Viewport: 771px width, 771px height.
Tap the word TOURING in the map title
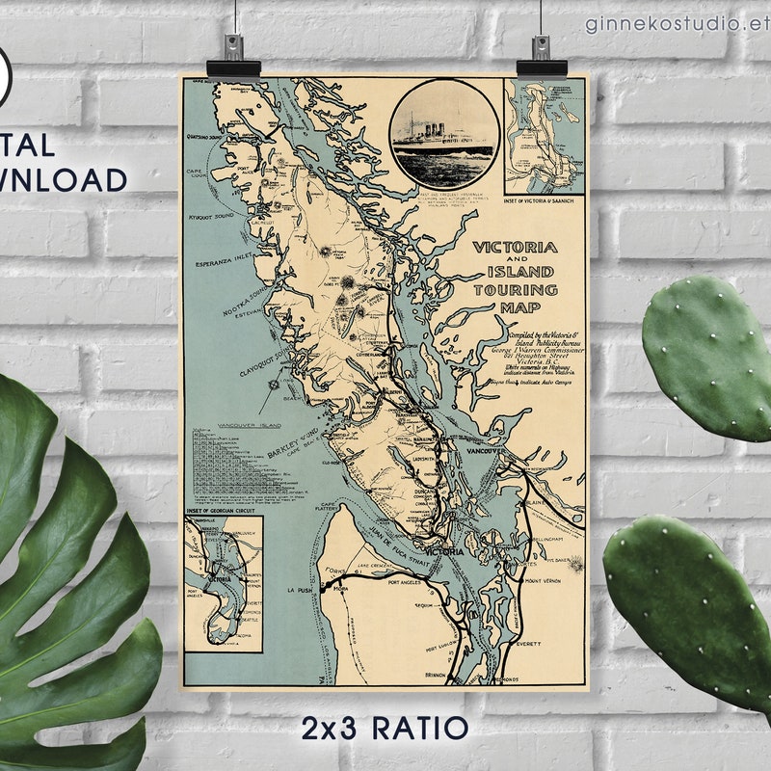[x=516, y=289]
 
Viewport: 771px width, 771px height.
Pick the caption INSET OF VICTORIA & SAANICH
[x=543, y=199]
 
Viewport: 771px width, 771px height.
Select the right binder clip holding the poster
[x=535, y=59]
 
